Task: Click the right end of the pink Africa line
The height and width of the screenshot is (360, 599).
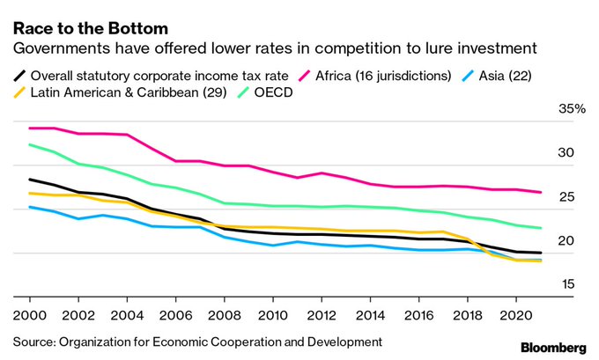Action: (540, 192)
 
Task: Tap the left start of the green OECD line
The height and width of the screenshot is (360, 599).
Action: (29, 144)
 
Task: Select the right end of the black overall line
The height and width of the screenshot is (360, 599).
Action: (540, 253)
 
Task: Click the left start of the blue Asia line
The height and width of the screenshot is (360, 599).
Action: (29, 207)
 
